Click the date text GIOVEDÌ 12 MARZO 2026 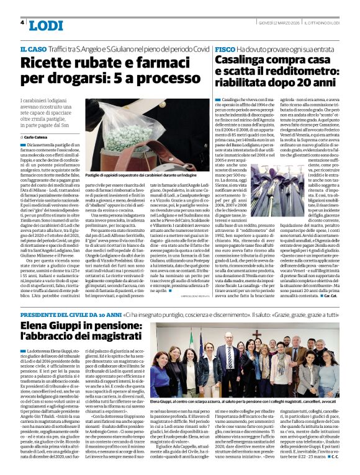coord(276,23)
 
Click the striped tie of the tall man coord(230,359)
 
